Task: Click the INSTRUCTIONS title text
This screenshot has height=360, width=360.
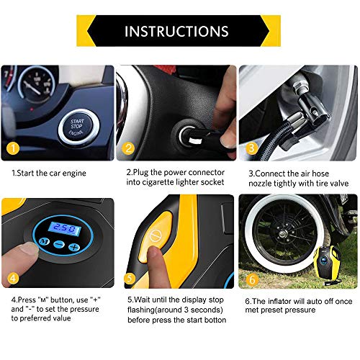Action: click(x=176, y=32)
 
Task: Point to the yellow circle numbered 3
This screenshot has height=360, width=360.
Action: click(x=251, y=149)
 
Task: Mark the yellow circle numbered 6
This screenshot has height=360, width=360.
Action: click(x=251, y=277)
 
